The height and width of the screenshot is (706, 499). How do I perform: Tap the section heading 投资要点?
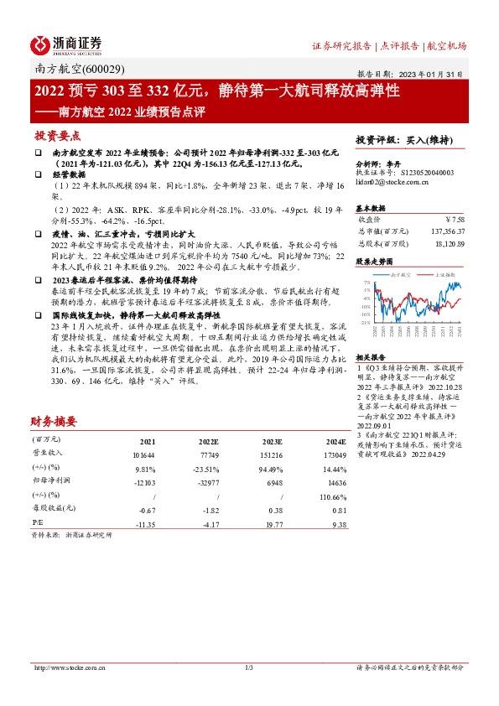[57, 136]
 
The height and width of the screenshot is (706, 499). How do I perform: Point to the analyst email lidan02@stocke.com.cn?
[392, 181]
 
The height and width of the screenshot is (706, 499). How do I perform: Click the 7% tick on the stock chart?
[366, 283]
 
